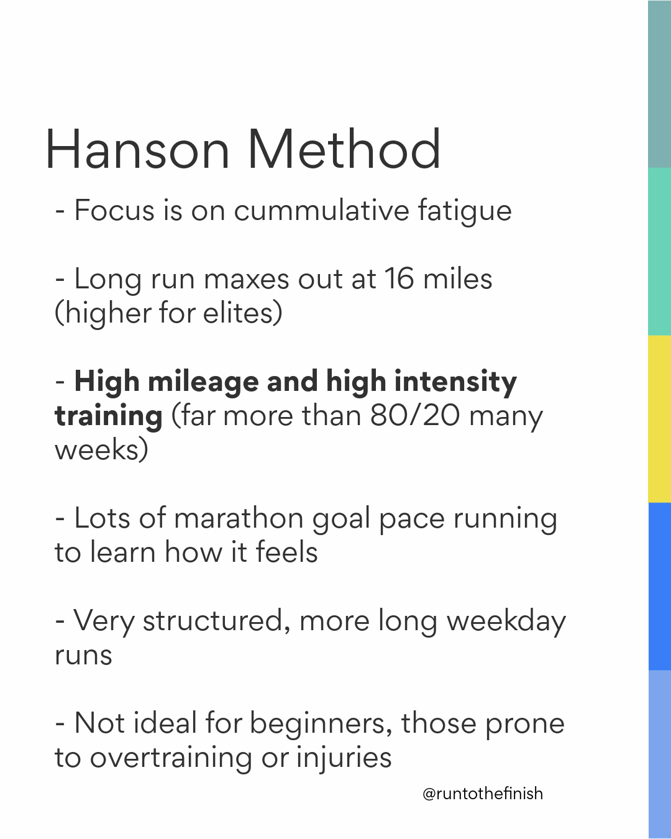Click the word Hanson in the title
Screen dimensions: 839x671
(x=137, y=150)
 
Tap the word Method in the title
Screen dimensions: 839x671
(x=344, y=150)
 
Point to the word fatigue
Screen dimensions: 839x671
(x=465, y=211)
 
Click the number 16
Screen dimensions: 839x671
(x=399, y=278)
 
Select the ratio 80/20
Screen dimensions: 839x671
(x=415, y=415)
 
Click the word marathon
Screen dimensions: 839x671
(x=239, y=518)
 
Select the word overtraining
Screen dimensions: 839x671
(x=171, y=758)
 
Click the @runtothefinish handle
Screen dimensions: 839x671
(x=483, y=794)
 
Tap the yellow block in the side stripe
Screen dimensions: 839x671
(x=659, y=419)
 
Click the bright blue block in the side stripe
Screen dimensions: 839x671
(x=659, y=587)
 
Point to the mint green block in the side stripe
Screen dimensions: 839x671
(x=659, y=252)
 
